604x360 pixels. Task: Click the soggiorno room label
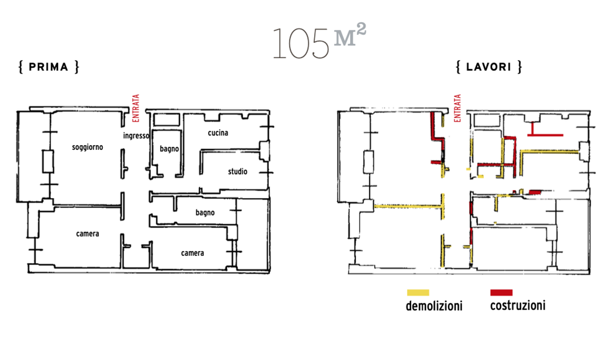[87, 147]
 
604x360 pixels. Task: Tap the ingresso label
[136, 136]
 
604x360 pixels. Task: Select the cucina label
[218, 133]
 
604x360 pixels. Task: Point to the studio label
[238, 172]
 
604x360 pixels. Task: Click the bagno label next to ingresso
[170, 149]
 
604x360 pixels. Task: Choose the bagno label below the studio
[205, 212]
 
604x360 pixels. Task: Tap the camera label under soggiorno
[87, 233]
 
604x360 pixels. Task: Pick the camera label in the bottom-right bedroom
[193, 253]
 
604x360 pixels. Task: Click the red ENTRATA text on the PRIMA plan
[136, 108]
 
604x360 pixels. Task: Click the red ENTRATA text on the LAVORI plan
[457, 108]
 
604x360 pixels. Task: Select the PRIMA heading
[49, 67]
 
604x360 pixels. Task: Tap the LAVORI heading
[489, 67]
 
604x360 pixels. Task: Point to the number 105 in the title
[300, 43]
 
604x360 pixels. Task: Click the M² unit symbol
[350, 35]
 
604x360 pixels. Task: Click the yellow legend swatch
[418, 293]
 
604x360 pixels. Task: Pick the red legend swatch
[501, 293]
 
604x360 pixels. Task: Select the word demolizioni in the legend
[434, 306]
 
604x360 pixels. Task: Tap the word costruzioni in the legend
[518, 305]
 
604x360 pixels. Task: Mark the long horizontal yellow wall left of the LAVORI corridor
[408, 207]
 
